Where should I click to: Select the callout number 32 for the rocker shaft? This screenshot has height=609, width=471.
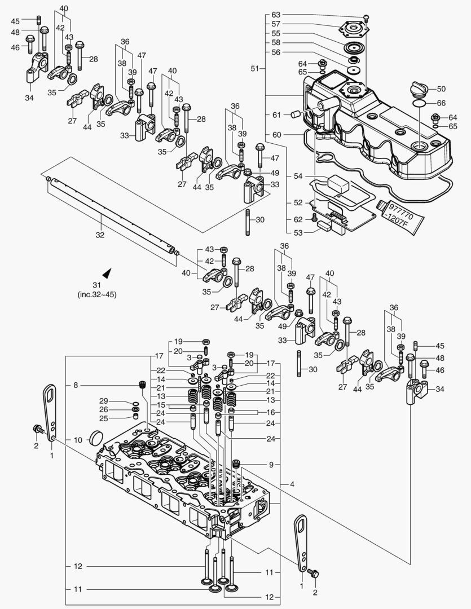point(100,235)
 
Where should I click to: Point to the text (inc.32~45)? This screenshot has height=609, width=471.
point(97,294)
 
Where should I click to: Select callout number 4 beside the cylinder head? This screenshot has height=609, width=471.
point(292,484)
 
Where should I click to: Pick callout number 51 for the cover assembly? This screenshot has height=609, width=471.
point(256,68)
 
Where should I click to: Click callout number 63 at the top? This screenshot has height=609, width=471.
point(276,14)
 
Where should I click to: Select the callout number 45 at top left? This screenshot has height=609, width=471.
point(15,21)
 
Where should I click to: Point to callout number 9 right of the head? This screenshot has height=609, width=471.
point(271,465)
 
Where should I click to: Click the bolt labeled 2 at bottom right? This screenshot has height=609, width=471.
point(315,574)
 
